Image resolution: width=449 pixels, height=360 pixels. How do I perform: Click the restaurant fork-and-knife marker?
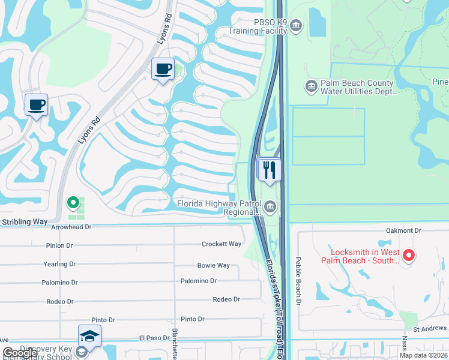point(270,169)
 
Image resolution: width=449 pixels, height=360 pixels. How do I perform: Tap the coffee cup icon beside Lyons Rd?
point(163,69)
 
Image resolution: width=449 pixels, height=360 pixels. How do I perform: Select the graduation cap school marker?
point(89,336)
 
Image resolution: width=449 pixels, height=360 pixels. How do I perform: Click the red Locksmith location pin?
point(409,256)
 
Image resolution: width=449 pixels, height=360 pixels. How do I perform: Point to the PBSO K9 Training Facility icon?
point(297,26)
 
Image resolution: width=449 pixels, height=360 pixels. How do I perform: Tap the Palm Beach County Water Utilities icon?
point(312,87)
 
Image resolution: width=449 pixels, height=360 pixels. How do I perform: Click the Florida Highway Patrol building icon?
point(271,208)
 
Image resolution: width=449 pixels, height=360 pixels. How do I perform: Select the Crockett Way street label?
point(221,244)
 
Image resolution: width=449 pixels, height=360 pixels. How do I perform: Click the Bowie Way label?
point(214,265)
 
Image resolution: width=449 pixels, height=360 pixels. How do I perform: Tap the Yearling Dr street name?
point(59,264)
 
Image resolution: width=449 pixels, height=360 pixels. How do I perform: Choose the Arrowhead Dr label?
point(71,227)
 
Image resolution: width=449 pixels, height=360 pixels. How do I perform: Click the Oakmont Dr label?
point(404,230)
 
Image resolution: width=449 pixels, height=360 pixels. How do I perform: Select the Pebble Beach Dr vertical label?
point(297,281)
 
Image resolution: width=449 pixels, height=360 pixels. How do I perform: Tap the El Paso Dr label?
point(154,338)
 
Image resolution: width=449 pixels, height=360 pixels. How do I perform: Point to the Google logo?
point(20,353)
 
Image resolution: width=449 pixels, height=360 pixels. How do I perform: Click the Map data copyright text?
point(423,355)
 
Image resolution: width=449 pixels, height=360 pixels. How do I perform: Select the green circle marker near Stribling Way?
point(73,203)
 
